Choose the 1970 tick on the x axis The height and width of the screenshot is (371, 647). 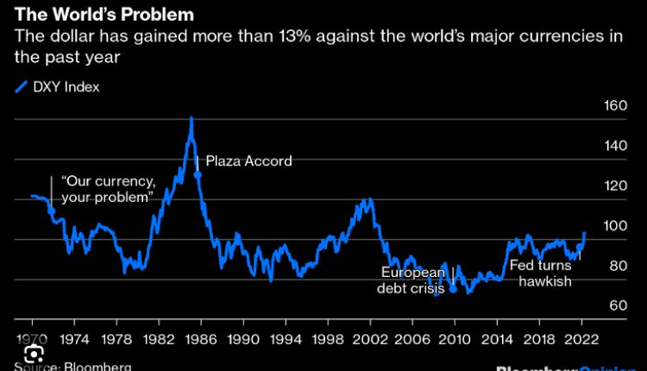point(32,338)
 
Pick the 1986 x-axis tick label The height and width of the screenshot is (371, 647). point(200,338)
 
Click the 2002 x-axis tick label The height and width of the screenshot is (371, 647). point(368,338)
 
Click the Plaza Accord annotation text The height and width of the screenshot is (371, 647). point(249,160)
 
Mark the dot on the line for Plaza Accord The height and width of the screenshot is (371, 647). point(198,174)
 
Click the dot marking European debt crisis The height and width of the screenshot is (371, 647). point(453,289)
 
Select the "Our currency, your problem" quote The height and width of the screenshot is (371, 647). point(108,190)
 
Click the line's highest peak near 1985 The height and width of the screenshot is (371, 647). point(191,117)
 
